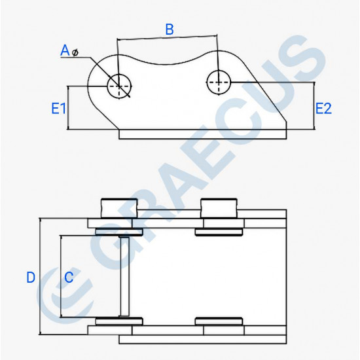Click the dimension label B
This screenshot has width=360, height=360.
pos(170,29)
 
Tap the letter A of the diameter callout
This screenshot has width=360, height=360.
pos(65,50)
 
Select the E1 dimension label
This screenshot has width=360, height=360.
pos(58,109)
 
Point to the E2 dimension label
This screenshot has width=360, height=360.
pos(323,109)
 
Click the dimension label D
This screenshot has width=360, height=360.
pos(31,277)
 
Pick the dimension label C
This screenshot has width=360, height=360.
pos(69,277)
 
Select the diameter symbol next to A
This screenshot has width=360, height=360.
pos(75,52)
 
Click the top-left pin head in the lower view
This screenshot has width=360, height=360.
pos(119,208)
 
